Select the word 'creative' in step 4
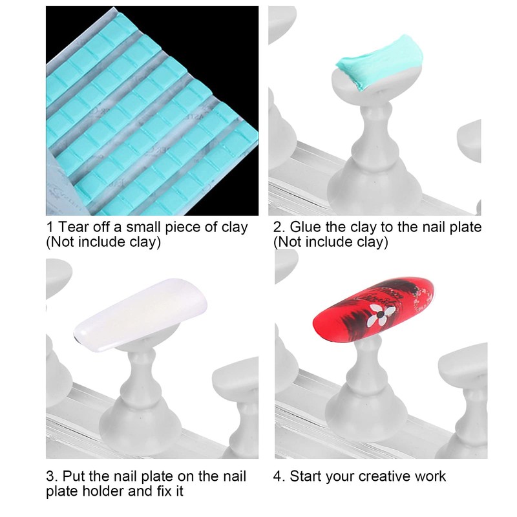pyautogui.click(x=384, y=476)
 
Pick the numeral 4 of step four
pyautogui.click(x=277, y=476)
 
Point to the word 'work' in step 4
pyautogui.click(x=430, y=476)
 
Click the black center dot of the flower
pyautogui.click(x=381, y=315)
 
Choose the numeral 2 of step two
pyautogui.click(x=277, y=227)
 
